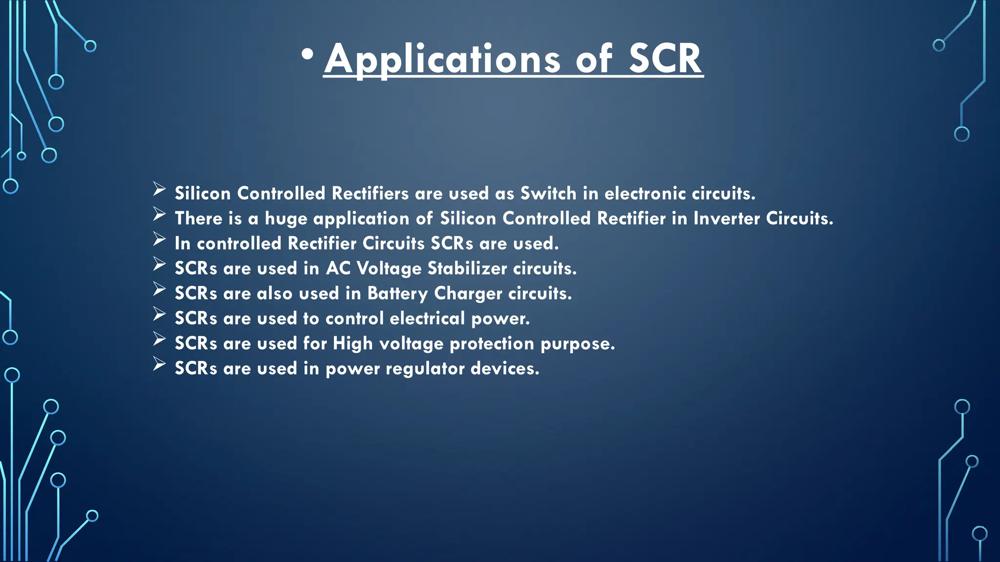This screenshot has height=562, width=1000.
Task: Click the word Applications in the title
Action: click(442, 59)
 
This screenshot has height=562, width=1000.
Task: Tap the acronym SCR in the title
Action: click(665, 59)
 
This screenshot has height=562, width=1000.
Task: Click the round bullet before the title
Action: click(307, 55)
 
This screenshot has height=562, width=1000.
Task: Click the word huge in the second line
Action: click(286, 219)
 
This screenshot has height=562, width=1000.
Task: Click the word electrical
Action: click(427, 319)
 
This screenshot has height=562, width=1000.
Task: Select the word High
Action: click(353, 344)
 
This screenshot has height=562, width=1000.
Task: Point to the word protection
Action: click(492, 344)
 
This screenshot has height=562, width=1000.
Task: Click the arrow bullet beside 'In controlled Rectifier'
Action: click(159, 239)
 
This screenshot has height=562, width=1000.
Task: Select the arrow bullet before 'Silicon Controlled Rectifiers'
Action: click(159, 189)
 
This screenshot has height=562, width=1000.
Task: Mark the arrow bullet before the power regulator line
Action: click(159, 364)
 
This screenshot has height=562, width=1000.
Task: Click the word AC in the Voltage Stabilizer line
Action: click(338, 268)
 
